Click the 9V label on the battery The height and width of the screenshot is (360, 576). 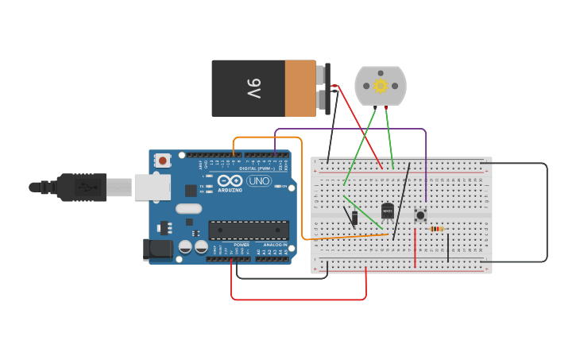coord(253,88)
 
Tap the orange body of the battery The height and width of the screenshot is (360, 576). coord(300,88)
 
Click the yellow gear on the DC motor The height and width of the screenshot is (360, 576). coord(381,86)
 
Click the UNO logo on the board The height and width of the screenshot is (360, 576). coord(259,181)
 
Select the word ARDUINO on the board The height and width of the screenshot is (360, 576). coord(230,191)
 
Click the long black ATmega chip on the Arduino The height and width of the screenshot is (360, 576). coord(249,230)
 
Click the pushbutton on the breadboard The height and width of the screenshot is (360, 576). coord(420,215)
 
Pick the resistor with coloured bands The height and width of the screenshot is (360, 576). coord(437,229)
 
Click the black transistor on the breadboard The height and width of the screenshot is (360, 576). coord(387,211)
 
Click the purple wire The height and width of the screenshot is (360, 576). coord(350,129)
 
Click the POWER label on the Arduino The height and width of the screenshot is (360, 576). coord(242,245)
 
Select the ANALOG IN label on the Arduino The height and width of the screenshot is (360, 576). coord(274,245)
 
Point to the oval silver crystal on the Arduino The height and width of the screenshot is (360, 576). coord(189,209)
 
